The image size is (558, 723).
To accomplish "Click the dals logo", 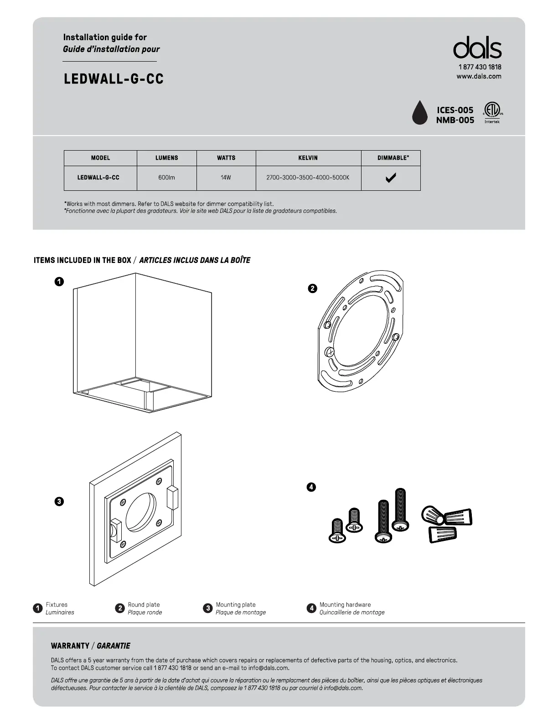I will [x=477, y=47].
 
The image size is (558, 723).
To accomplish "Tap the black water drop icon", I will [x=419, y=112].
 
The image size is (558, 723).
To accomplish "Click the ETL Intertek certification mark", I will [x=492, y=112].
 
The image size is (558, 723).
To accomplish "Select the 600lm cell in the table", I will [x=166, y=178].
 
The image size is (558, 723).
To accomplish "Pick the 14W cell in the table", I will [x=226, y=178].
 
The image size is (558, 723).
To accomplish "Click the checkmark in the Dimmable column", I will [x=391, y=178].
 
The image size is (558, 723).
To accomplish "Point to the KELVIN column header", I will [x=308, y=158].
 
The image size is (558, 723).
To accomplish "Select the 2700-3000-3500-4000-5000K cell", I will [x=308, y=178].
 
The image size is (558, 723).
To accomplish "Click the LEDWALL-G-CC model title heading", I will [x=114, y=79].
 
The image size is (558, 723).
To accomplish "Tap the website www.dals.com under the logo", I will [x=479, y=76].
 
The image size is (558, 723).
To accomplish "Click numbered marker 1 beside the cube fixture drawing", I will [x=59, y=282].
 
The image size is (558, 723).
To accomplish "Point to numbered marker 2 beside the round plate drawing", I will [x=312, y=288].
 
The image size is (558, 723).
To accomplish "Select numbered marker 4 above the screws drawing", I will [x=311, y=487].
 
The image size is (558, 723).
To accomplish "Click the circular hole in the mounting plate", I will [x=141, y=512].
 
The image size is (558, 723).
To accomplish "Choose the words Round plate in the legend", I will [x=144, y=604].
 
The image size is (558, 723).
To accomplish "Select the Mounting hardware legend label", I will [x=345, y=604].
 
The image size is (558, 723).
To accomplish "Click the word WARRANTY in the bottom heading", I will [x=70, y=646].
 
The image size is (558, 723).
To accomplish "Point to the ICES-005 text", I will [x=455, y=110].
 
